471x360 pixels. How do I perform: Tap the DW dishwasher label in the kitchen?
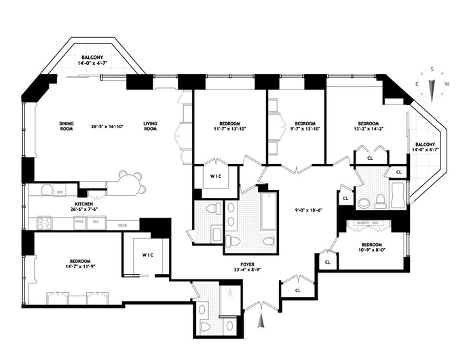[x=59, y=192]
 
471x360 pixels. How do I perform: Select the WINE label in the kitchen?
[x=79, y=222]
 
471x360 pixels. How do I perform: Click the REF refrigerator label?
[x=96, y=222]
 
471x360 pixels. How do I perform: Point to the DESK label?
[x=123, y=225]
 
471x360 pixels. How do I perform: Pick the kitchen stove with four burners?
[x=45, y=222]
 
